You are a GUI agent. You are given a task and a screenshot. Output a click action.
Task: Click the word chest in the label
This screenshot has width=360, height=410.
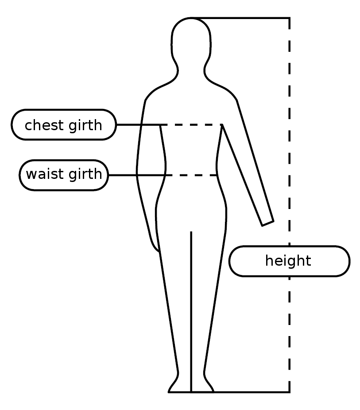point(42,125)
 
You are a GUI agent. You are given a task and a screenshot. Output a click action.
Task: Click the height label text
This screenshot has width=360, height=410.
point(288,261)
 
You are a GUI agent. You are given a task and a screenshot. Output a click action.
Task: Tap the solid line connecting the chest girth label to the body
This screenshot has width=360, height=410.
point(138,125)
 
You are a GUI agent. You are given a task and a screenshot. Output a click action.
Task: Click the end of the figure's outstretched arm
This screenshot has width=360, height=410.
point(267,223)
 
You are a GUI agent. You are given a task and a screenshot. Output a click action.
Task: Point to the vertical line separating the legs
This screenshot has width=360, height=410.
point(191,310)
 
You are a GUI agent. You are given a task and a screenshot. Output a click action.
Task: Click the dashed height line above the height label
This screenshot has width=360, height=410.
point(290,133)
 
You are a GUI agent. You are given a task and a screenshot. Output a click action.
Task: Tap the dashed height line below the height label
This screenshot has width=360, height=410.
point(290,337)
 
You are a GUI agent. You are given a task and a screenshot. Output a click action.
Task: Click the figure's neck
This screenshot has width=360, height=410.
point(191,71)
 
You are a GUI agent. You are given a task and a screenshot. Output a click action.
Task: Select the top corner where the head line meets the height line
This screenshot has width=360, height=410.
point(290,18)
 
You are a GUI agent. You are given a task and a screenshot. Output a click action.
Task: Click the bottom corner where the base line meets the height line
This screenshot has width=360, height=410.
point(290,392)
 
